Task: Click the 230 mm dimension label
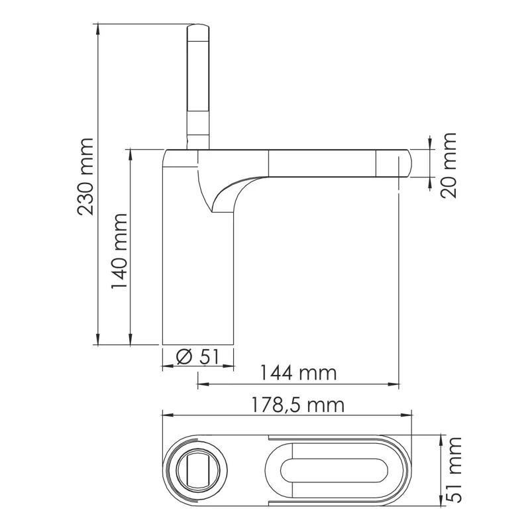(x=85, y=177)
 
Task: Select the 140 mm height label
(x=119, y=250)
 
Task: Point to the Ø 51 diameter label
(x=198, y=356)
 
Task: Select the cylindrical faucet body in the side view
(x=199, y=278)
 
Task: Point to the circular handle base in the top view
(x=198, y=471)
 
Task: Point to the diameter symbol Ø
(x=184, y=356)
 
